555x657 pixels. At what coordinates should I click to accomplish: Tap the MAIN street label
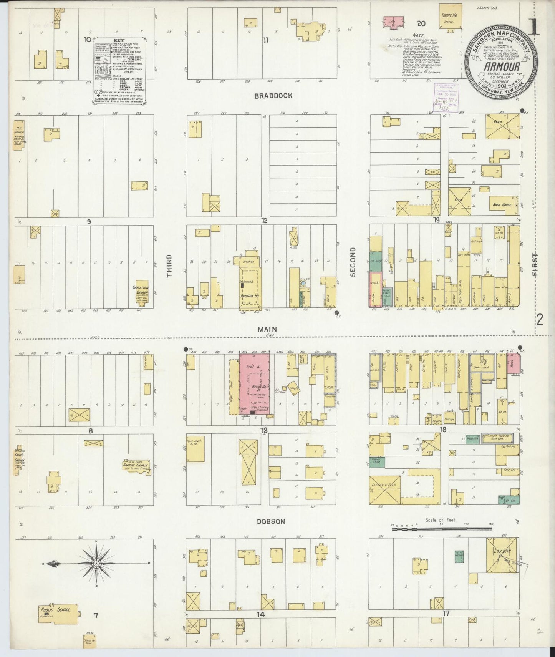[x=267, y=329]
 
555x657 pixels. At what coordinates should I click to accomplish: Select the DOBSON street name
[x=271, y=521]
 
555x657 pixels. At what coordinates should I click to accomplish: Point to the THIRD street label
[x=169, y=266]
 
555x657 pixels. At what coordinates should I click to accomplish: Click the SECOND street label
[x=353, y=262]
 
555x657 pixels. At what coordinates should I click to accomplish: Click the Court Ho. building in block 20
[x=450, y=15]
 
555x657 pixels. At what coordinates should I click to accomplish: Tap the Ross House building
[x=502, y=204]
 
